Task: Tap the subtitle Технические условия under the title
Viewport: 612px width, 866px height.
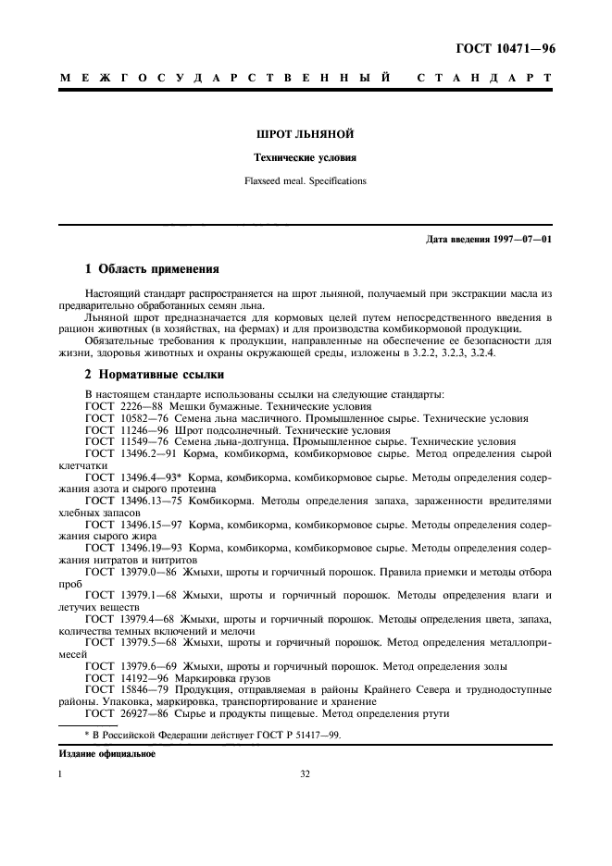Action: pyautogui.click(x=306, y=158)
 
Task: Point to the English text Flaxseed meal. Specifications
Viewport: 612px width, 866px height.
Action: pyautogui.click(x=306, y=181)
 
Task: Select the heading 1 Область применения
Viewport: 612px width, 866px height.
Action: pyautogui.click(x=152, y=270)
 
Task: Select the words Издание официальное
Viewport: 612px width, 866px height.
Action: pyautogui.click(x=107, y=754)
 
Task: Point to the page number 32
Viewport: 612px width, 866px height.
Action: pyautogui.click(x=306, y=775)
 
